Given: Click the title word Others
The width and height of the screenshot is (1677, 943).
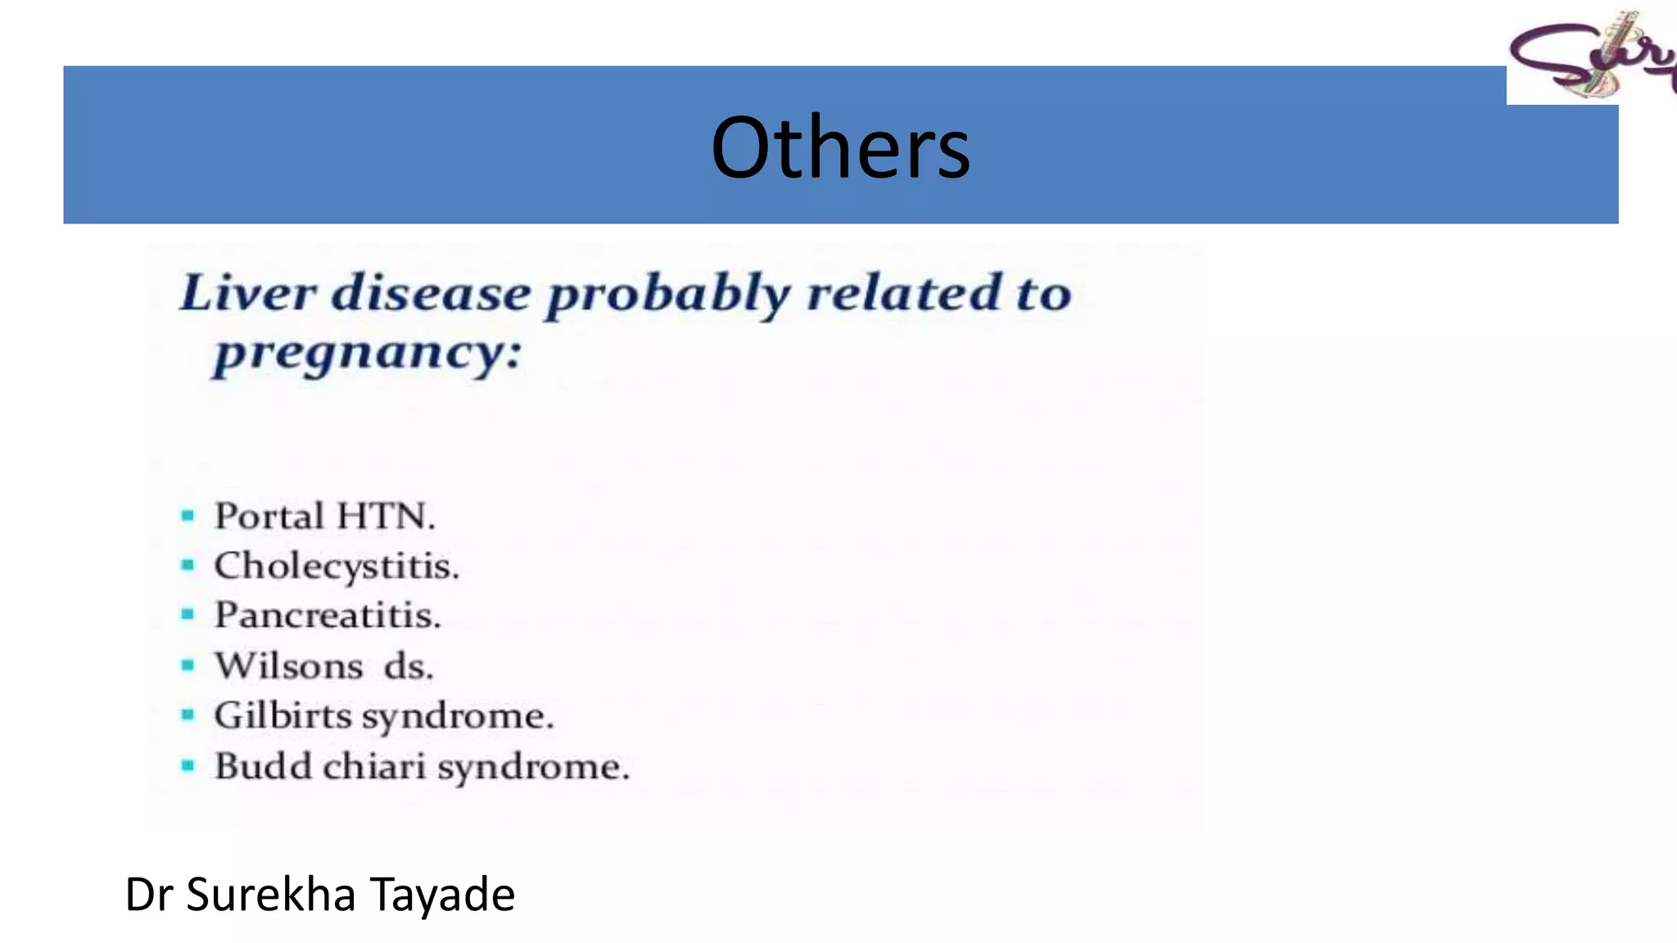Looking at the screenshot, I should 840,147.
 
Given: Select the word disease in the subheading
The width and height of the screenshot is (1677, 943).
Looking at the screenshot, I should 432,293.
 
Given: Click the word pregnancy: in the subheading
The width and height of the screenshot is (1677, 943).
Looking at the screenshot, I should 367,354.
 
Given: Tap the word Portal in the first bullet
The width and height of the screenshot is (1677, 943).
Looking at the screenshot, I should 269,517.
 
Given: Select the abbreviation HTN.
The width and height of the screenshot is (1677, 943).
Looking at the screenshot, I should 386,517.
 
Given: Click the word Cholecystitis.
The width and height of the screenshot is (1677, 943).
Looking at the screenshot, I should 337,566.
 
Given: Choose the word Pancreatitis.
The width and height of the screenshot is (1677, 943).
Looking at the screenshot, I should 328,616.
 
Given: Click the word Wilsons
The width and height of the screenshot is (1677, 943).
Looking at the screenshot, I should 288,666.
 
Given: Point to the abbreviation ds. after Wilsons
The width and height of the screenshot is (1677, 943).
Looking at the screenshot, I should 409,666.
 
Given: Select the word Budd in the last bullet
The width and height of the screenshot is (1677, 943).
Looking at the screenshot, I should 263,767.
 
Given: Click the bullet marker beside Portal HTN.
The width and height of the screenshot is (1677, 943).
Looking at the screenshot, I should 188,516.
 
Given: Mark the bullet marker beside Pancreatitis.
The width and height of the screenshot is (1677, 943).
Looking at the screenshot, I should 188,615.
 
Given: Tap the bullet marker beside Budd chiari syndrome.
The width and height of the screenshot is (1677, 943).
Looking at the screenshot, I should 188,766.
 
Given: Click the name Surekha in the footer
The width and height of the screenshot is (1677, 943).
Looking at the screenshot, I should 270,894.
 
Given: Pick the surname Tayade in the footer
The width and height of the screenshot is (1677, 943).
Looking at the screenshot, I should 442,894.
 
